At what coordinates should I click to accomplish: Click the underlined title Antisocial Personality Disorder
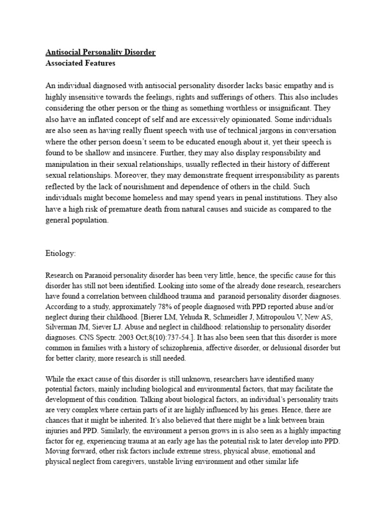click(101, 52)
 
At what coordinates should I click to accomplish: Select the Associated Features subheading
click(80, 63)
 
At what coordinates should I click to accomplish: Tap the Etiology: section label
click(60, 254)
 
